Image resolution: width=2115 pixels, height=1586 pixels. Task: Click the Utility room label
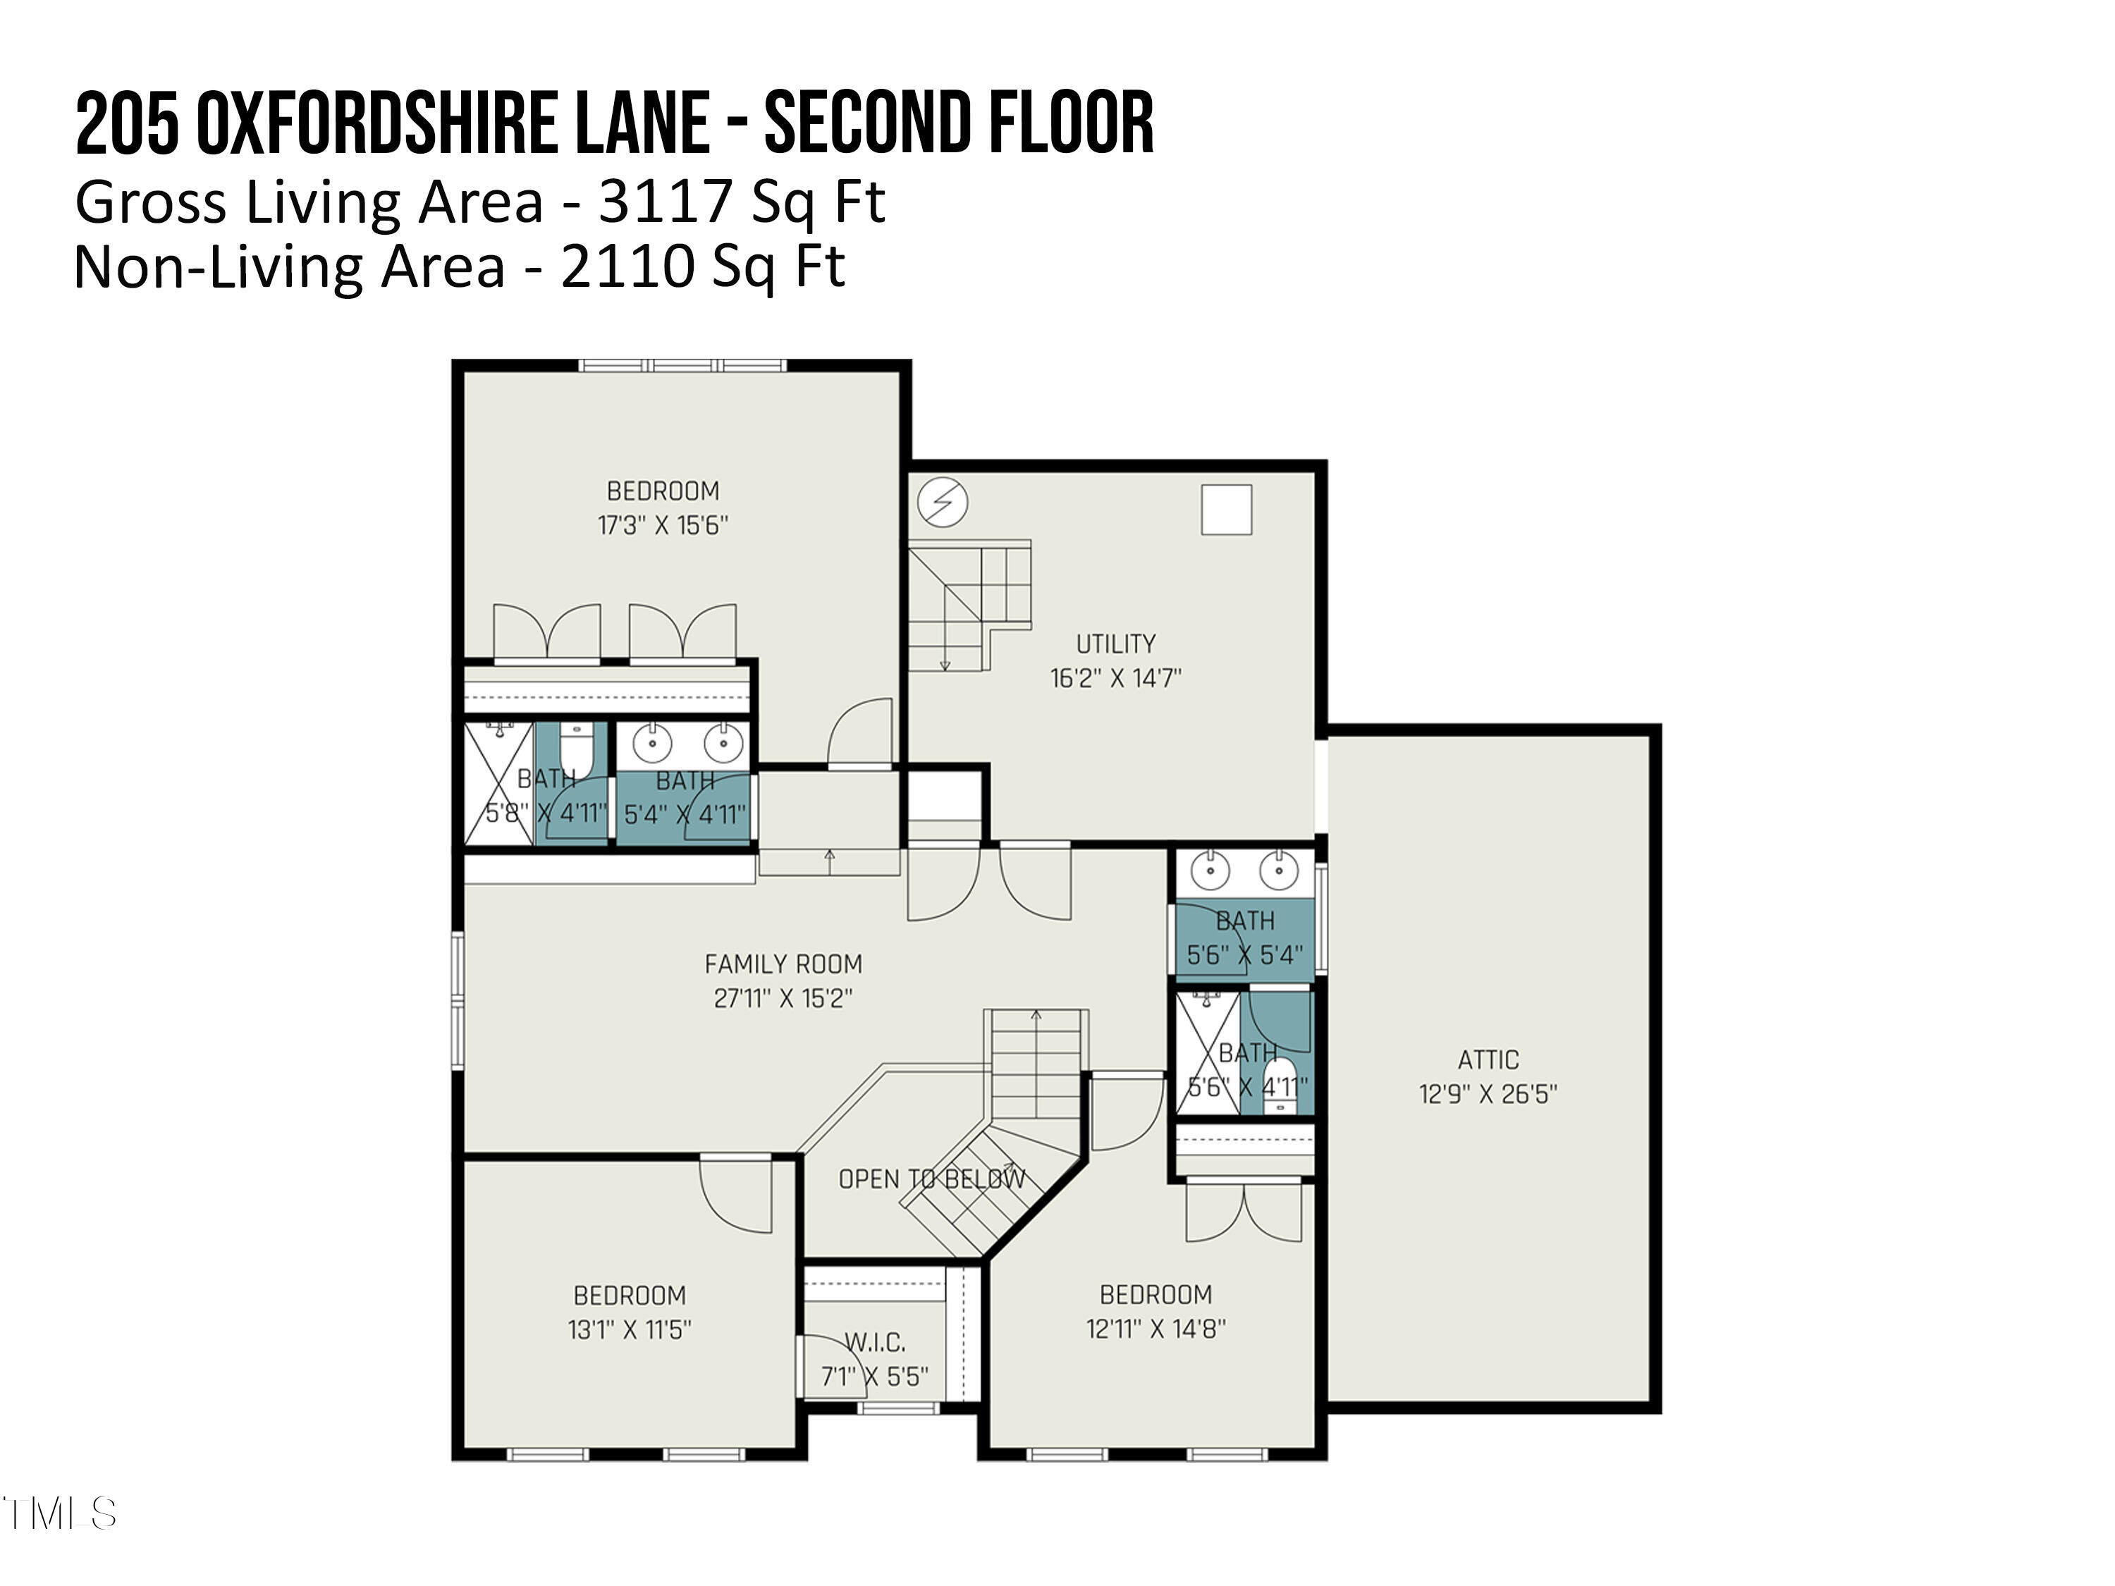click(x=1115, y=644)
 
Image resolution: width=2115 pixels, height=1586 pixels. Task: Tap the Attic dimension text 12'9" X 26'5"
click(x=1488, y=1094)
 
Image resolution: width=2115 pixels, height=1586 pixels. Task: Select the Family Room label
click(x=783, y=964)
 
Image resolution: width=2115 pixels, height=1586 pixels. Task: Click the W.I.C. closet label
click(x=875, y=1342)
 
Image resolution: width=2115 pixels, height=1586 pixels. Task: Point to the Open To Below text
click(x=931, y=1179)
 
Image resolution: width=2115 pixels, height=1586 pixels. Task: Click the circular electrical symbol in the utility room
click(x=943, y=501)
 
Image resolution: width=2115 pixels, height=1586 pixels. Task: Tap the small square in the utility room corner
click(x=1227, y=510)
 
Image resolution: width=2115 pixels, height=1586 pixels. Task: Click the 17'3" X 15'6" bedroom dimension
click(x=663, y=525)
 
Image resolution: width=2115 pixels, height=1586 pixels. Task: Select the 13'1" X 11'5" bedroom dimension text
click(x=629, y=1329)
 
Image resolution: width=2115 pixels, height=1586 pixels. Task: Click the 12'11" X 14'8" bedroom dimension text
click(x=1155, y=1328)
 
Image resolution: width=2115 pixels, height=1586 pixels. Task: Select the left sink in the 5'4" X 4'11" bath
click(x=652, y=742)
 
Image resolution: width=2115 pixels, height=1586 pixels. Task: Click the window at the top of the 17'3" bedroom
click(x=682, y=365)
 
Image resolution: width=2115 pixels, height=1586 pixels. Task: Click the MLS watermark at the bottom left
click(x=59, y=1513)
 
